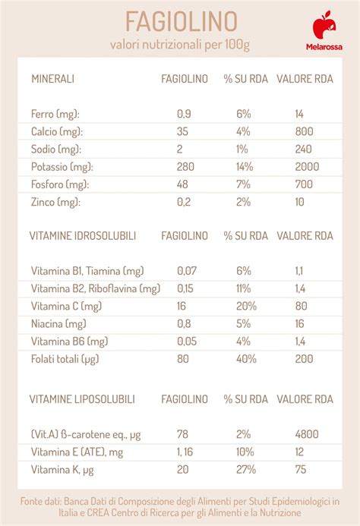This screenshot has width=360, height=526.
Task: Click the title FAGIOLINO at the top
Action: pyautogui.click(x=180, y=18)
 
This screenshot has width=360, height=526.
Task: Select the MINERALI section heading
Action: pyautogui.click(x=52, y=78)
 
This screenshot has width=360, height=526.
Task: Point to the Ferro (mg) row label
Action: pyautogui.click(x=55, y=113)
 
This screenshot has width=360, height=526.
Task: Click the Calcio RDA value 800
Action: pyautogui.click(x=305, y=131)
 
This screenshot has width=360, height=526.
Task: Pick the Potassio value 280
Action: pyautogui.click(x=186, y=166)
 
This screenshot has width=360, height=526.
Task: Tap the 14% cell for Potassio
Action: pyautogui.click(x=243, y=166)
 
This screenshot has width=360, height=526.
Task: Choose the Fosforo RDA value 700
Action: pyautogui.click(x=305, y=184)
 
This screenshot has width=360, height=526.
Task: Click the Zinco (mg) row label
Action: pyautogui.click(x=55, y=202)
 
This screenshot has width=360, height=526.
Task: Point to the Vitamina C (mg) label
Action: pyautogui.click(x=67, y=306)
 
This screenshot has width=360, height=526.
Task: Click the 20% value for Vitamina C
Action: pyautogui.click(x=243, y=306)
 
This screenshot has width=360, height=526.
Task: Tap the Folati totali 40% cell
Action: pyautogui.click(x=243, y=358)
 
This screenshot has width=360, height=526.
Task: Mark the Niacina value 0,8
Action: pyautogui.click(x=184, y=323)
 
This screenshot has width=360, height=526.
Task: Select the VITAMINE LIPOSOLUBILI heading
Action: pyautogui.click(x=83, y=398)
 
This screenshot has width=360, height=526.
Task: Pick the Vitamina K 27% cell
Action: pyautogui.click(x=243, y=469)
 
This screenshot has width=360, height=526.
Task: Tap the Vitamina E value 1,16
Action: pyautogui.click(x=187, y=452)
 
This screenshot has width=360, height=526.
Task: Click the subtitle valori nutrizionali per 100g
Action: pyautogui.click(x=180, y=45)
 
